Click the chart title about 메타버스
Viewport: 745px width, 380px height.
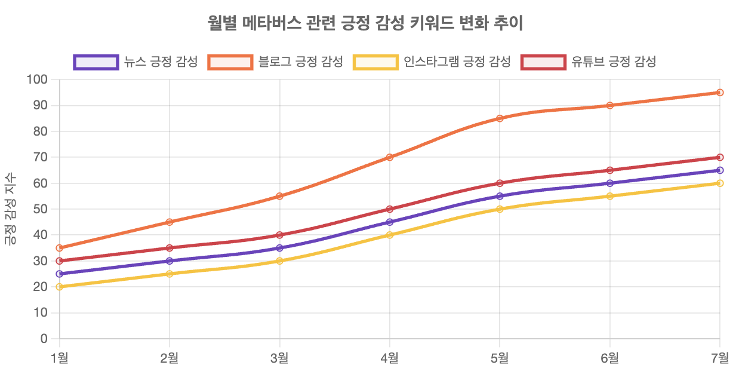click(365, 23)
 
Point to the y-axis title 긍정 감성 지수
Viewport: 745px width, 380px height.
click(10, 209)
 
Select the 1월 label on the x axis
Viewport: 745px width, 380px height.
click(60, 358)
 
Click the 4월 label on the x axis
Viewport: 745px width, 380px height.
click(390, 358)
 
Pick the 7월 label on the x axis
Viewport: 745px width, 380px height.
click(719, 358)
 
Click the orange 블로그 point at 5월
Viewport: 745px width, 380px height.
click(500, 118)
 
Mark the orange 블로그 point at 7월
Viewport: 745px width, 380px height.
click(720, 93)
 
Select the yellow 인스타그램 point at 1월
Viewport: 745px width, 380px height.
click(60, 287)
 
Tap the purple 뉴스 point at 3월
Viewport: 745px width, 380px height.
click(280, 248)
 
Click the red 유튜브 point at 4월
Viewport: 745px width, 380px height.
click(390, 209)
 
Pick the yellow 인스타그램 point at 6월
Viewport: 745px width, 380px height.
click(609, 196)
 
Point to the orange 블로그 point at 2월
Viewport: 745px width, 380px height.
click(170, 222)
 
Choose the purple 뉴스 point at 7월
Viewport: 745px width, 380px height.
click(720, 170)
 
